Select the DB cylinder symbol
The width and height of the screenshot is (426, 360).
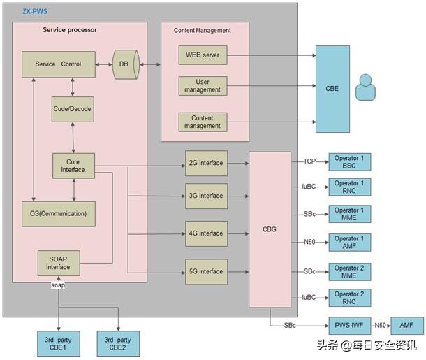[124, 64]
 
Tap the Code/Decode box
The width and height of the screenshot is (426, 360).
[72, 109]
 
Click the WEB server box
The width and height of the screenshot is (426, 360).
[203, 55]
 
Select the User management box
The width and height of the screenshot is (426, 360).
[203, 85]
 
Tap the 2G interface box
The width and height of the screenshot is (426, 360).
[206, 163]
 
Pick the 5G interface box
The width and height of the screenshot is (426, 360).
[206, 271]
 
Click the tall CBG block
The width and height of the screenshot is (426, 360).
[270, 229]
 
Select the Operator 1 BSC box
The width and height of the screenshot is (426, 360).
[348, 162]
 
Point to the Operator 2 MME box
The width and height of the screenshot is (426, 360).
[348, 272]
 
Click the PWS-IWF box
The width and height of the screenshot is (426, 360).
[348, 325]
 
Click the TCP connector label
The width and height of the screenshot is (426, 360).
[309, 161]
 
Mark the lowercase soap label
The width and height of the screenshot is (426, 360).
[58, 285]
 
